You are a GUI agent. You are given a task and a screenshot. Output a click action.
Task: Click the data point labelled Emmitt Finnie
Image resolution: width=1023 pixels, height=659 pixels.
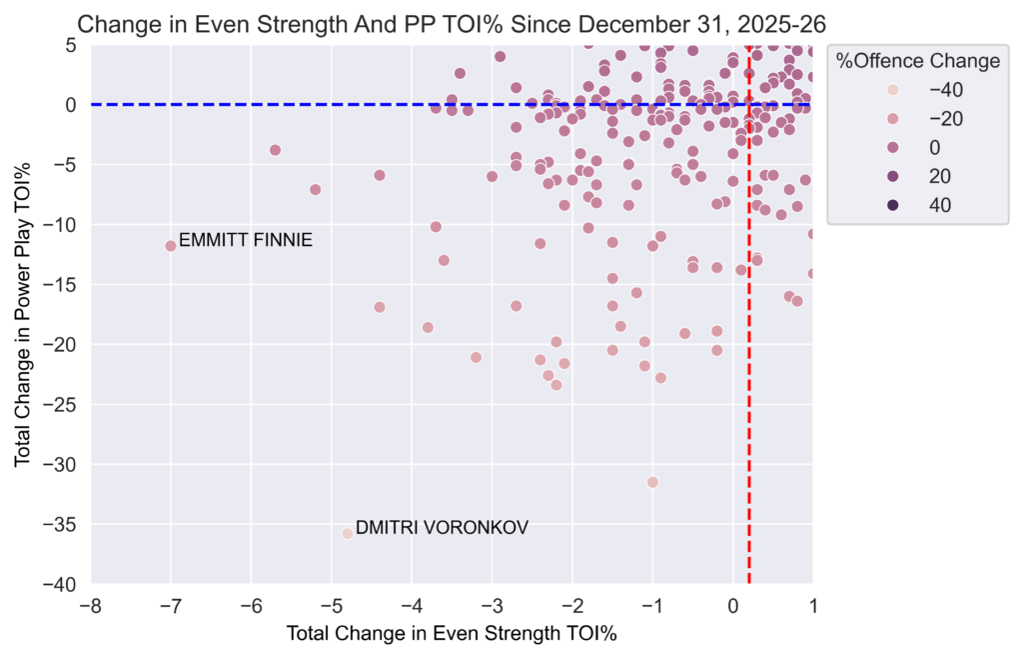tap(171, 245)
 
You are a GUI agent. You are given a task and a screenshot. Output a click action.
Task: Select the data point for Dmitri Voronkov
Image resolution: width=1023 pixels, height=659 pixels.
tap(348, 533)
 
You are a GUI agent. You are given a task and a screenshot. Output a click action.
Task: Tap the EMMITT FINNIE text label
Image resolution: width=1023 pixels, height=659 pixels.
tap(246, 240)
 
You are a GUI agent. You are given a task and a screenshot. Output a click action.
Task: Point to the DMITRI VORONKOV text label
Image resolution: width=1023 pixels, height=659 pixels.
tap(442, 527)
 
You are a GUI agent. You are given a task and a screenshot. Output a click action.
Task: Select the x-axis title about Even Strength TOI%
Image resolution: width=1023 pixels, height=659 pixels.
tap(452, 633)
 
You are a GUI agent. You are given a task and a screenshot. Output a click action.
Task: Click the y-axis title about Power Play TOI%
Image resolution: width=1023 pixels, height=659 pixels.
tap(22, 314)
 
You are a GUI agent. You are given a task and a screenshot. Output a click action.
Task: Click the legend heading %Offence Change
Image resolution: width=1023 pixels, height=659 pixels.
tap(918, 62)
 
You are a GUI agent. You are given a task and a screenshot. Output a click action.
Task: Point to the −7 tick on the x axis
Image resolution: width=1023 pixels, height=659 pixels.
tap(171, 605)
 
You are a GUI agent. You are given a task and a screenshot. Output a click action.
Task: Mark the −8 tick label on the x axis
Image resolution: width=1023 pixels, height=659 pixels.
tap(91, 605)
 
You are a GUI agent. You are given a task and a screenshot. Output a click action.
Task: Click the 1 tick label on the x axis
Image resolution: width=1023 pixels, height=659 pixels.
tap(812, 605)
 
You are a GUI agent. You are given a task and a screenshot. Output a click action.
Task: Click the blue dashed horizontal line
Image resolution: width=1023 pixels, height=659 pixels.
tap(300, 104)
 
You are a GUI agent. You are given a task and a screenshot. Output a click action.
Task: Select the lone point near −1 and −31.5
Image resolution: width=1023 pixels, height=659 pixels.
tap(652, 482)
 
